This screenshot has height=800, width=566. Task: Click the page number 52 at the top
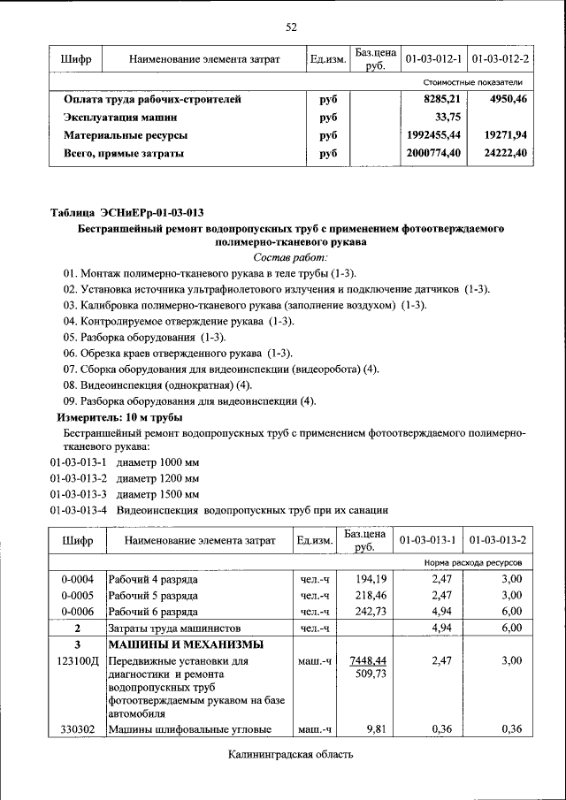click(290, 27)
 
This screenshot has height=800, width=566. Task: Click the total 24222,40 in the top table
click(504, 153)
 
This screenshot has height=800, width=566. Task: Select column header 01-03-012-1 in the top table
click(433, 59)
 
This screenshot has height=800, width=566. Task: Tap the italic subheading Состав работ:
click(290, 257)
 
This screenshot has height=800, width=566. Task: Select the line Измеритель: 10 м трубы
click(120, 416)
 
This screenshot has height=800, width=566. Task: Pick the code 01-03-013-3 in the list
click(78, 493)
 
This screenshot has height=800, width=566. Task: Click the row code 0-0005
click(77, 596)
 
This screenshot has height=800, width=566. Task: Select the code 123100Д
click(77, 660)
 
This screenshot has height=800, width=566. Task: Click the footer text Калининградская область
click(290, 755)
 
